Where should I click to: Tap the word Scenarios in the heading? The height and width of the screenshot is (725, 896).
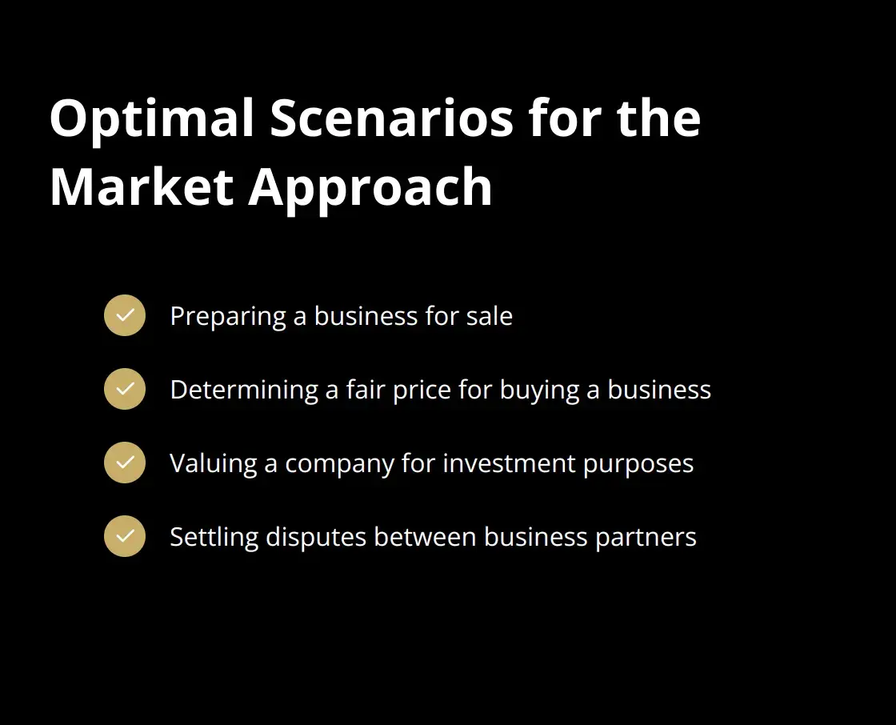tap(391, 118)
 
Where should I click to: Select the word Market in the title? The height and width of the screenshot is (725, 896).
tap(142, 187)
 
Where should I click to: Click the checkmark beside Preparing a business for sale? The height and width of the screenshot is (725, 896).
tap(125, 315)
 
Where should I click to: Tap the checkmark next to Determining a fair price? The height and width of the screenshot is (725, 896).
tap(125, 389)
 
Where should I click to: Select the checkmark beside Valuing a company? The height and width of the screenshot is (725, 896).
tap(125, 463)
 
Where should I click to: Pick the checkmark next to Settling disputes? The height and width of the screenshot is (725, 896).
tap(125, 536)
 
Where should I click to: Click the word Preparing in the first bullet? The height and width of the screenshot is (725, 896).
tap(228, 317)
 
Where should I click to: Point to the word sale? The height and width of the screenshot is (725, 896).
tap(490, 316)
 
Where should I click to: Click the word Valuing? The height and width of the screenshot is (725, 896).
tap(213, 464)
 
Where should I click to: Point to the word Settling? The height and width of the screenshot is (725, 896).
tap(214, 538)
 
